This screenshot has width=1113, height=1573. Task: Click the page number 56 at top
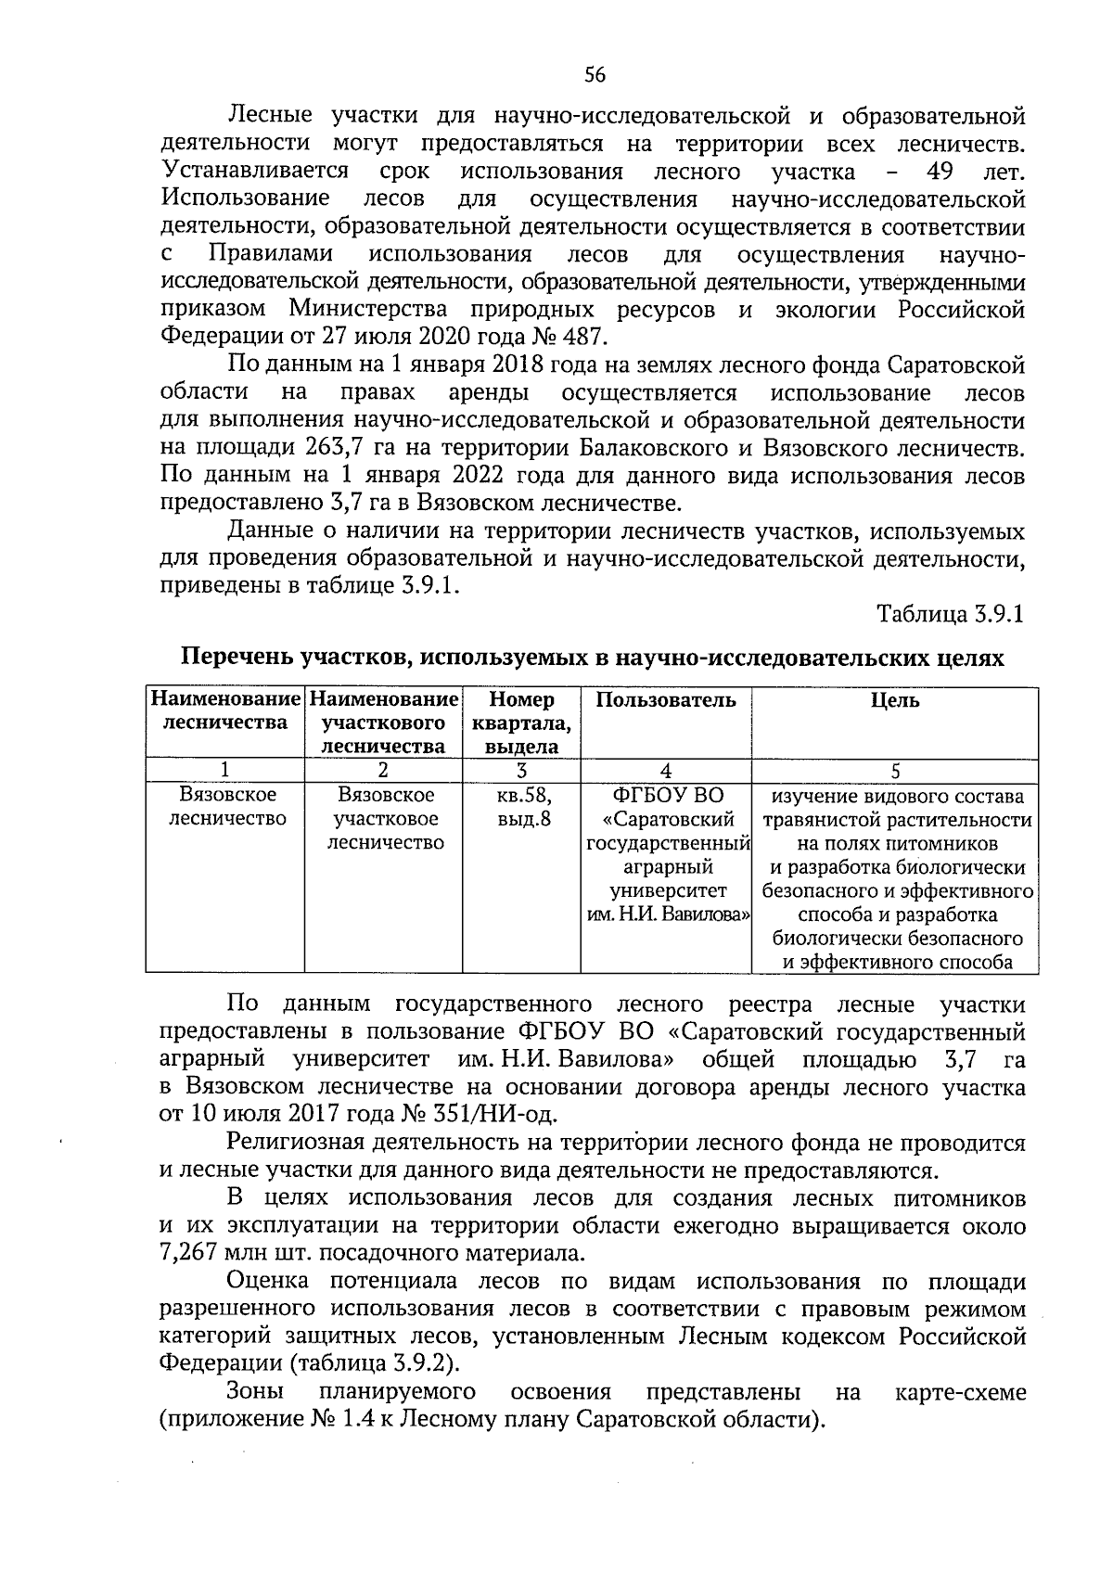(x=595, y=75)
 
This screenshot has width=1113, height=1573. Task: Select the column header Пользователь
(x=665, y=700)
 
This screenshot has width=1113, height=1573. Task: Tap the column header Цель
(x=895, y=700)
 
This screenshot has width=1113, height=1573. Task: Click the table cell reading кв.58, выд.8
(x=521, y=807)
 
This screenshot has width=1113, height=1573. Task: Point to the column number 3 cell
(x=521, y=770)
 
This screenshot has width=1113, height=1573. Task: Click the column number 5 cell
(x=895, y=770)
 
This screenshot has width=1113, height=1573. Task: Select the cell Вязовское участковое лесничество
(x=385, y=819)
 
